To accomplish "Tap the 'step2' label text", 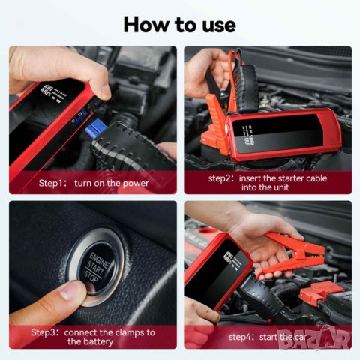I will (x=223, y=179).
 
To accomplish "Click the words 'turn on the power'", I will (x=111, y=183).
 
